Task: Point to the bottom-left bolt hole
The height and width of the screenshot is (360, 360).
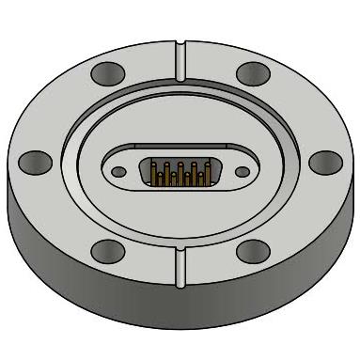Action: click(x=107, y=251)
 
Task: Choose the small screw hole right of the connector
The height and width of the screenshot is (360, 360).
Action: click(x=240, y=171)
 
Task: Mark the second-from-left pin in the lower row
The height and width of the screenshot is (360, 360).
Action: click(x=173, y=176)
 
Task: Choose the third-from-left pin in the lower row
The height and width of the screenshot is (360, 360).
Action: click(x=188, y=176)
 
